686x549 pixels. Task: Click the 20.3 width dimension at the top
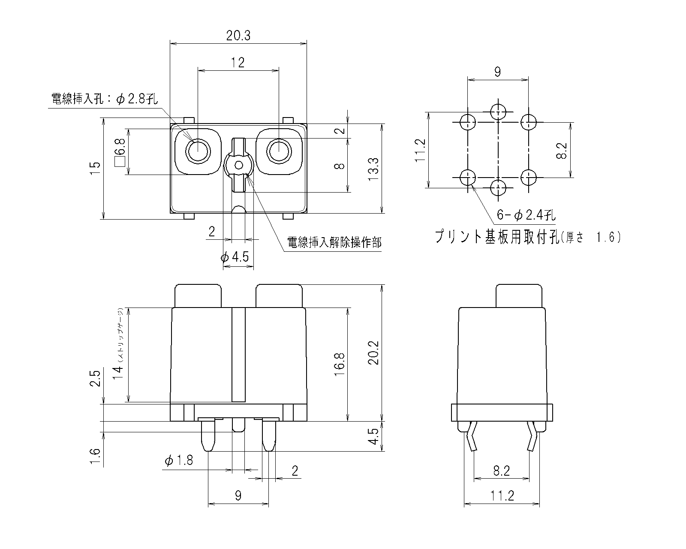(x=238, y=36)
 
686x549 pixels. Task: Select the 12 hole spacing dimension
(x=238, y=63)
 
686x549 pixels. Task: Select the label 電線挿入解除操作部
(x=334, y=243)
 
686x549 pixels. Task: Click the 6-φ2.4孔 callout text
(x=526, y=215)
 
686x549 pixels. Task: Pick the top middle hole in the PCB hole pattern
(x=498, y=112)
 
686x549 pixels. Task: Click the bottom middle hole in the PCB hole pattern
(x=498, y=188)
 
